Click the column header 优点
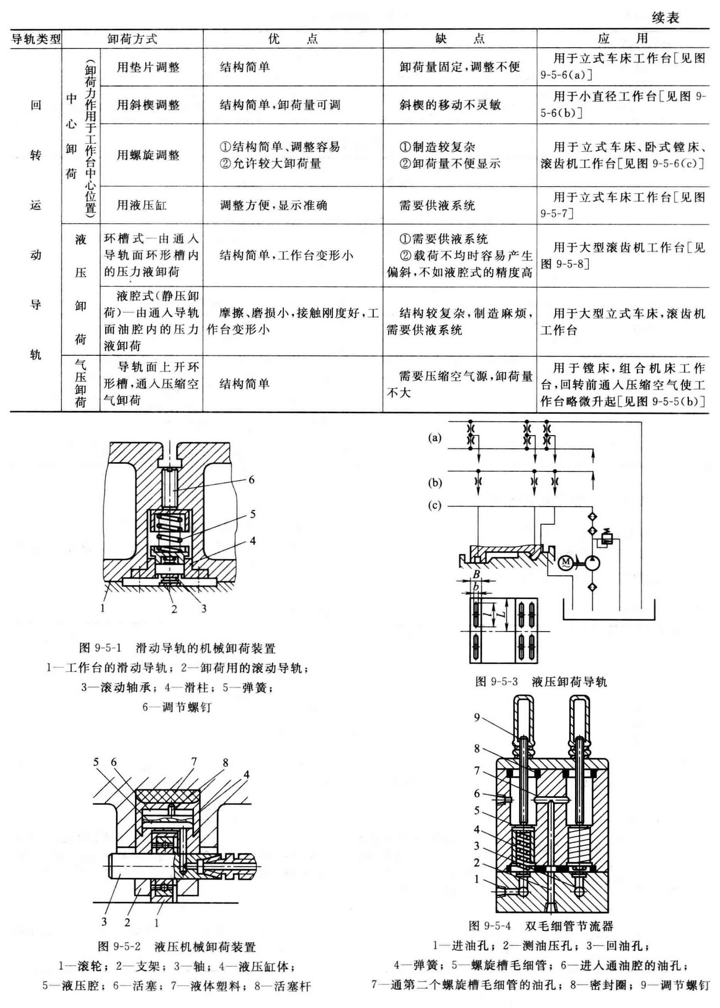tap(293, 39)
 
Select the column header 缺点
tap(459, 39)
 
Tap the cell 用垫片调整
tap(148, 67)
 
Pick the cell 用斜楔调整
tap(148, 105)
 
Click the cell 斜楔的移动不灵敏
tap(450, 105)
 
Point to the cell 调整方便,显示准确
tap(274, 205)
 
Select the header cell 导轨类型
tap(36, 39)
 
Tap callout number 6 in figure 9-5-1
tap(251, 480)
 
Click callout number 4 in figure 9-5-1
tap(252, 540)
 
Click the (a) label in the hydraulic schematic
tap(434, 438)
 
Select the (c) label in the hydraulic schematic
tap(434, 505)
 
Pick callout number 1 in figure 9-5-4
tap(477, 878)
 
